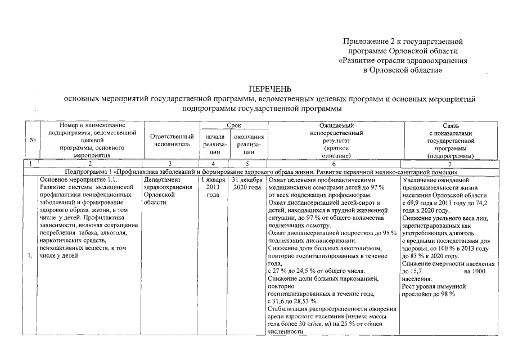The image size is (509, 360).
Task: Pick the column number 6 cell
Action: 333,163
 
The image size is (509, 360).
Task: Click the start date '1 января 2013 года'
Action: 213,186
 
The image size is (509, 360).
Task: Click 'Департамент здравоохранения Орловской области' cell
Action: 165,190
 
